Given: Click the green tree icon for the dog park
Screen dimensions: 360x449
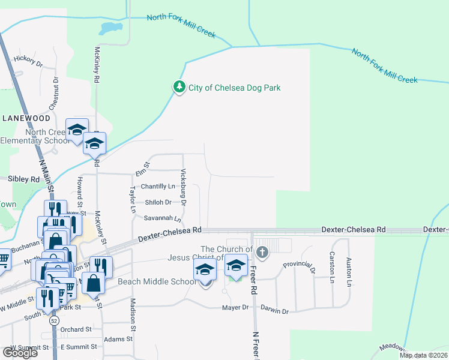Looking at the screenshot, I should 179,88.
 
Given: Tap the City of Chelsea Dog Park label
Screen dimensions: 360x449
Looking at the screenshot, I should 235,88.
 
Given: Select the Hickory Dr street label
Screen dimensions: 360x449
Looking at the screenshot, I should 29,61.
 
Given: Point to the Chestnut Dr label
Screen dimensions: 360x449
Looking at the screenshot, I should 56,92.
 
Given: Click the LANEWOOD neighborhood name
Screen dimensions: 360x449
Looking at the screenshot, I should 25,118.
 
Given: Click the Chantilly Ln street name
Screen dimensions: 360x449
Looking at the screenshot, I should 158,187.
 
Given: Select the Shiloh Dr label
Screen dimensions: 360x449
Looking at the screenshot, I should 158,203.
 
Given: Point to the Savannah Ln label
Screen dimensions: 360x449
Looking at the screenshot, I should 158,218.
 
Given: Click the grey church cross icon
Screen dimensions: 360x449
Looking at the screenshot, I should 262,251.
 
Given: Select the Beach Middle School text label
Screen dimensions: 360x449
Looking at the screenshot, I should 157,282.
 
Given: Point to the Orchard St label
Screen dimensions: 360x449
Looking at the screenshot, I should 76,329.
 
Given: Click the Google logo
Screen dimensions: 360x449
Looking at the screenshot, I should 20,353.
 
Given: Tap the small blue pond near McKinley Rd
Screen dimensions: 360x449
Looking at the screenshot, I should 111,28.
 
